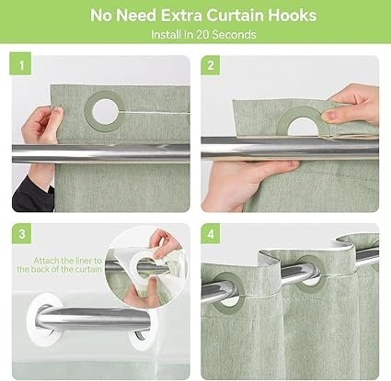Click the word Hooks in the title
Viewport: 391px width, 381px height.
[292, 15]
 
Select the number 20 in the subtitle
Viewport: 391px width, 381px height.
[202, 34]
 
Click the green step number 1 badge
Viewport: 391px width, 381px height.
[21, 63]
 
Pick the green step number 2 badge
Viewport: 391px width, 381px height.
[211, 65]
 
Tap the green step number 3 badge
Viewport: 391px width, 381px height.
[22, 233]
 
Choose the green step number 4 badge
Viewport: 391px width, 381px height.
[211, 234]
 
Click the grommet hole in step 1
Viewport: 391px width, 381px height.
[104, 112]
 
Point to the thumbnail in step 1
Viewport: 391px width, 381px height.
[57, 111]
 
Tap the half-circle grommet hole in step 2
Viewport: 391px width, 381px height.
[303, 128]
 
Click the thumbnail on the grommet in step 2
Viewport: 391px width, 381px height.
[329, 116]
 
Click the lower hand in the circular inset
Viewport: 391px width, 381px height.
[140, 294]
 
